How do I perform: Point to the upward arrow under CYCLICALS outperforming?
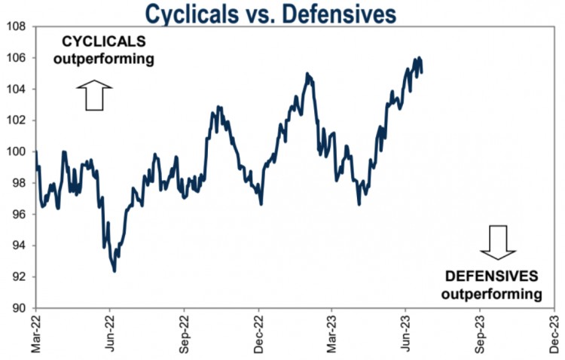[94, 96]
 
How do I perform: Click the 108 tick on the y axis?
[16, 26]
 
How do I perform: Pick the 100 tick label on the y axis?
[16, 151]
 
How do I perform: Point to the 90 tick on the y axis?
[18, 308]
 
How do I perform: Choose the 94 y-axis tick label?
[18, 246]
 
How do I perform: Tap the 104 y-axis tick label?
[16, 89]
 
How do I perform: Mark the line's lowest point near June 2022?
[115, 271]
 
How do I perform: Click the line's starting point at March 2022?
[36, 152]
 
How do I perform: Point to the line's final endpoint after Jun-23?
[422, 72]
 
